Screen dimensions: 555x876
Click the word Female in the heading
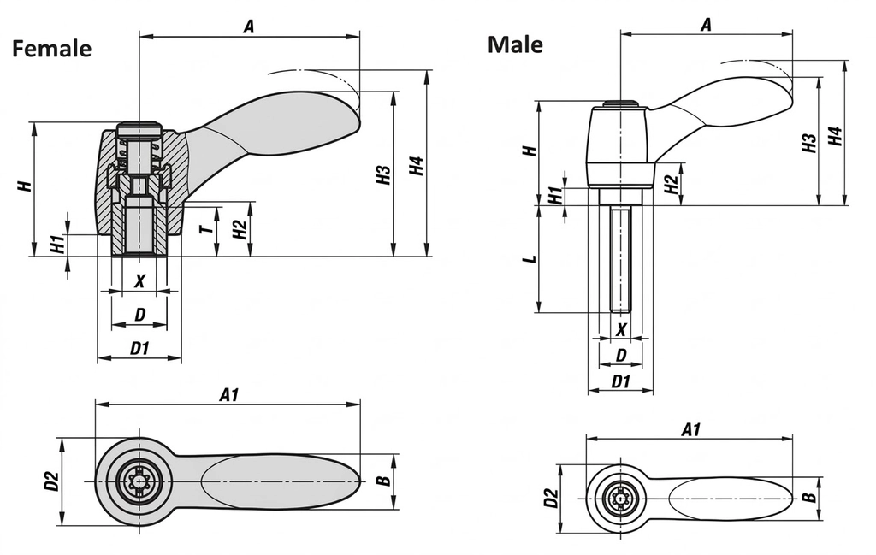pyautogui.click(x=51, y=49)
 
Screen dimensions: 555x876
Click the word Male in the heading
pyautogui.click(x=515, y=44)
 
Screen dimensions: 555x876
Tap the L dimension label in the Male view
pyautogui.click(x=531, y=259)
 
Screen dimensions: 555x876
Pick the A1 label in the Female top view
pyautogui.click(x=228, y=394)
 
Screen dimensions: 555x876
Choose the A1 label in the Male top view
pyautogui.click(x=690, y=429)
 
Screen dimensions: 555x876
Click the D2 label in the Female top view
pyautogui.click(x=52, y=481)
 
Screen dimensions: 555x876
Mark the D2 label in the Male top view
pyautogui.click(x=550, y=498)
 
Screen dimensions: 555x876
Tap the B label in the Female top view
pyautogui.click(x=384, y=481)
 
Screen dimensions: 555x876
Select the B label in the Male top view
pyautogui.click(x=808, y=498)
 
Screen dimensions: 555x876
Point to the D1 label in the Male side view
pyautogui.click(x=621, y=381)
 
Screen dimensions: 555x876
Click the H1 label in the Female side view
pyautogui.click(x=57, y=245)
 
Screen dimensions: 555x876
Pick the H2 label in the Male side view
pyautogui.click(x=672, y=181)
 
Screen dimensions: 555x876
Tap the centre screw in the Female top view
pyautogui.click(x=139, y=481)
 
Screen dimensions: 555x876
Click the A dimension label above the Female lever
pyautogui.click(x=249, y=27)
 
